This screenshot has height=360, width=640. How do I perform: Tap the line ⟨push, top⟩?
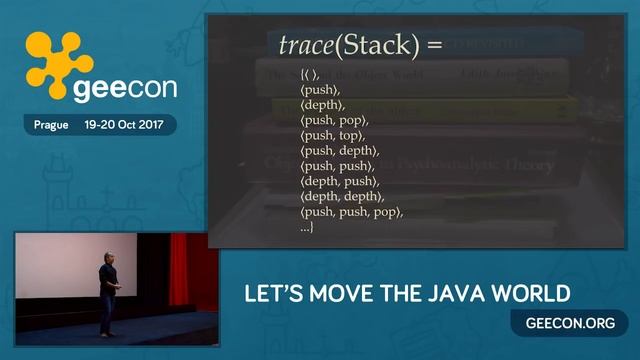coord(333,135)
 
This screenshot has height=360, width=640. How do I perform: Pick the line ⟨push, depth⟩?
coord(339,150)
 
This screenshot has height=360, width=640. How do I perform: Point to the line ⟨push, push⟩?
coord(337,165)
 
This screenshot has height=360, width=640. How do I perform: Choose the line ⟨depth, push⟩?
coord(340,181)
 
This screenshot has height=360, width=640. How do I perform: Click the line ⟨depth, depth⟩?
coord(342,196)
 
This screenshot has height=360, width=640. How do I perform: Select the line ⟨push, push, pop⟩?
coord(351,212)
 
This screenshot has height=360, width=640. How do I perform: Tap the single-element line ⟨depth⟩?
coord(323,104)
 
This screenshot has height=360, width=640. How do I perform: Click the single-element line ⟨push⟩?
coord(321,89)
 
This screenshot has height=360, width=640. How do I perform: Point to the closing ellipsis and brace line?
coord(307,228)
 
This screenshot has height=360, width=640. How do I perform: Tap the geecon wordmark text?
coord(124,88)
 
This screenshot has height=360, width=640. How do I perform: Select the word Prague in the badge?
coord(50,126)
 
